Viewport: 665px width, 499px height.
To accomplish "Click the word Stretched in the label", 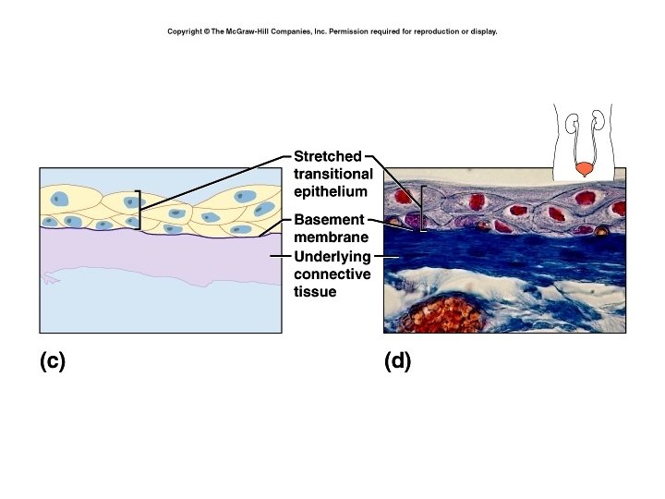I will [327, 156].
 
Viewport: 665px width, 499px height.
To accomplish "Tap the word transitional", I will [332, 174].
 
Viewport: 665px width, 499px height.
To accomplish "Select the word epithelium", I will [330, 191].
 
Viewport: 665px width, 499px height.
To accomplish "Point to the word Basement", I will [329, 221].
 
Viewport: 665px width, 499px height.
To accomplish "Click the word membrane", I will [330, 238].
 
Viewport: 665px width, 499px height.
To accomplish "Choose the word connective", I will [332, 274].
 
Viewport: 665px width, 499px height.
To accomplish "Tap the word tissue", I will [315, 292].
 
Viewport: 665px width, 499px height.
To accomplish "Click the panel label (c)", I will [53, 361].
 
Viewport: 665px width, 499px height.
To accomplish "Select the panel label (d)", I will [398, 361].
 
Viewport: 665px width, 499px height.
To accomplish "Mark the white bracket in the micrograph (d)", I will [422, 209].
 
